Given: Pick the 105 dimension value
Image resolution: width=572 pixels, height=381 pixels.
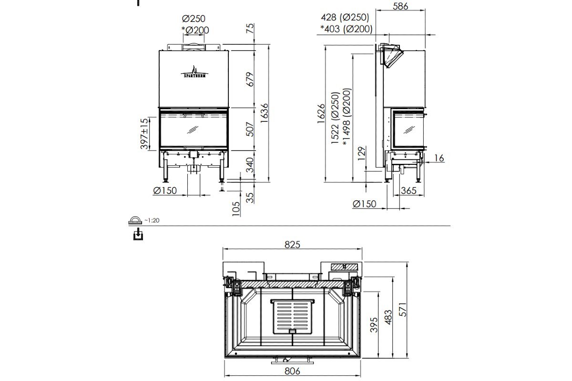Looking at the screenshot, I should pos(236,208).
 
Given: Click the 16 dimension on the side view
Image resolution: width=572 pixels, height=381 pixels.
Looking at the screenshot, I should pos(439,158).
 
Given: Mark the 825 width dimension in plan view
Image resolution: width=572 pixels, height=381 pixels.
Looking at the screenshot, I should pos(292,245).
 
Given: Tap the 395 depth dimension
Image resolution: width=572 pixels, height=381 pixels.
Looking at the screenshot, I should pos(374,325).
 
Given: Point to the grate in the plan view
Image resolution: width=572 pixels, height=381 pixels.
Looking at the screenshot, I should pos(293,316).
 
